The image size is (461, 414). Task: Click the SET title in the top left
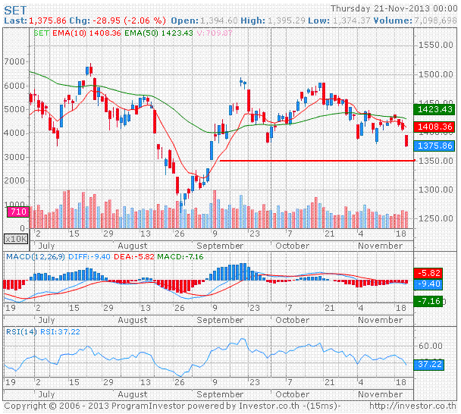[x=16, y=8]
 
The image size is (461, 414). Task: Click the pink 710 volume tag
[x=17, y=212]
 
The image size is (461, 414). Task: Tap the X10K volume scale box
[x=16, y=238]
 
